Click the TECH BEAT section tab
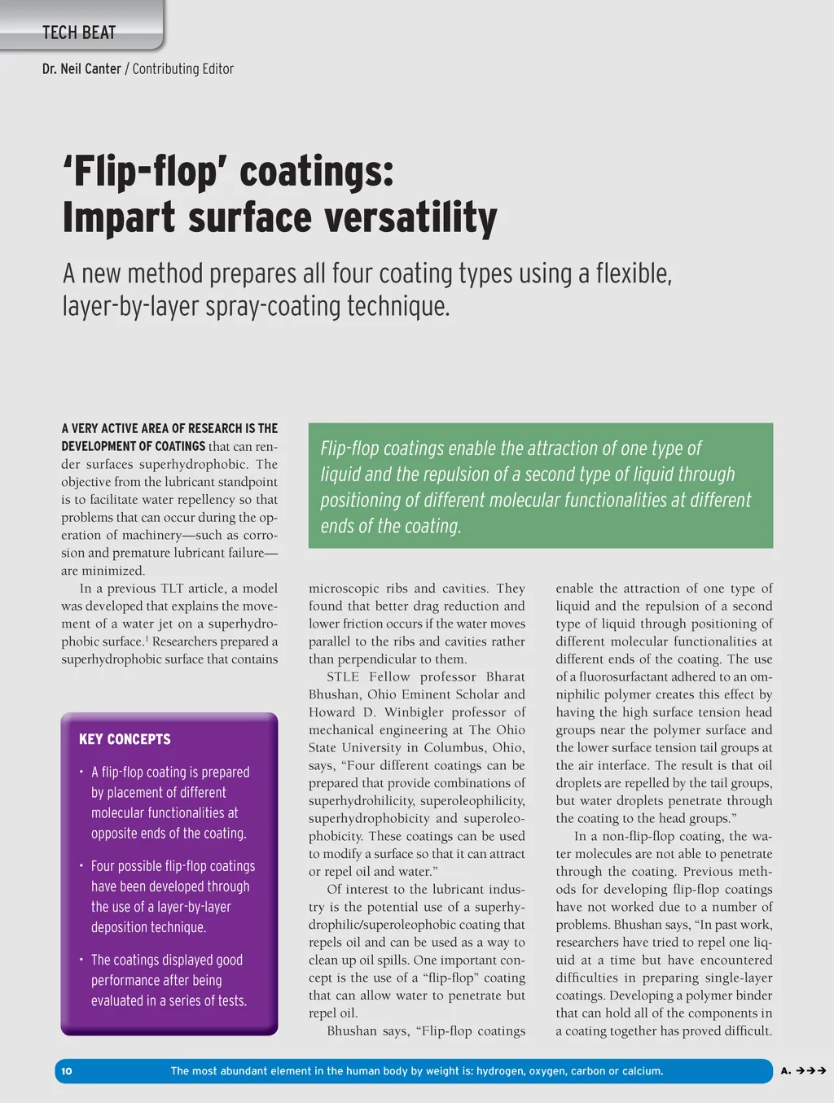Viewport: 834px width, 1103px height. tap(79, 33)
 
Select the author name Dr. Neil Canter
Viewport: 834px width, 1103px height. tap(81, 69)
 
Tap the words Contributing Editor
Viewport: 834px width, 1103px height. tap(183, 69)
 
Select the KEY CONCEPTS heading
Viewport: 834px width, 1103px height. tap(125, 739)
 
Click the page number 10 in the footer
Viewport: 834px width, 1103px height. tap(67, 1070)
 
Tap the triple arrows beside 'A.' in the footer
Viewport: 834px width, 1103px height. tap(811, 1070)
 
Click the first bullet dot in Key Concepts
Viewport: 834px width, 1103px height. tap(81, 772)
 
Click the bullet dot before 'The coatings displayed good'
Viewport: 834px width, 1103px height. tap(81, 960)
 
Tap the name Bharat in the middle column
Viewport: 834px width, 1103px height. tap(505, 676)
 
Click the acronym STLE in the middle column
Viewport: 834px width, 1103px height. tap(343, 676)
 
